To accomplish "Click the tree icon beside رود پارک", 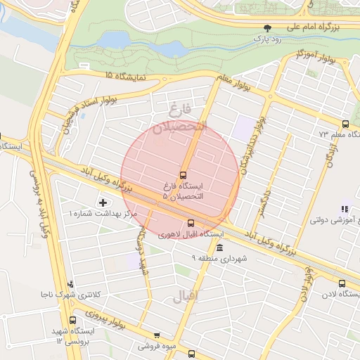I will [x=266, y=28].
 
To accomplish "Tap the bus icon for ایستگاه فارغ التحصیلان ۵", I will [x=184, y=174].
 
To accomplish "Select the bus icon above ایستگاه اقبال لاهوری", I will [x=191, y=224].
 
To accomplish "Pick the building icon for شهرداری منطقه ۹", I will [x=220, y=248].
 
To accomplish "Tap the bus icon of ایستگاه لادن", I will [x=342, y=284].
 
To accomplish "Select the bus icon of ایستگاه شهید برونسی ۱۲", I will [x=72, y=321].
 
